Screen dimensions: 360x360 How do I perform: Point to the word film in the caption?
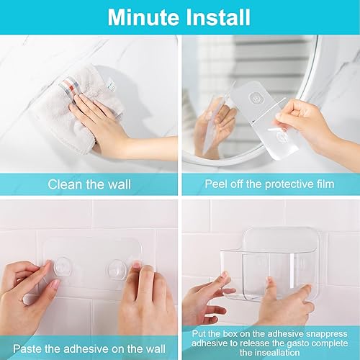321,184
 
